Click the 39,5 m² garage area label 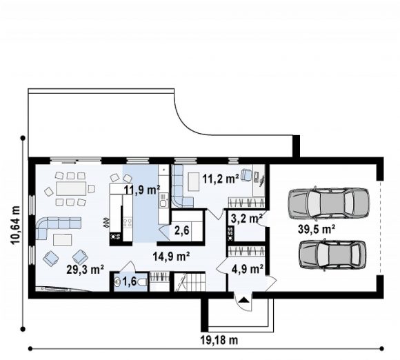[317, 229]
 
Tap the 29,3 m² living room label [86, 270]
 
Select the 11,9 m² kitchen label [142, 190]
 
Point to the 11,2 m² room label [221, 179]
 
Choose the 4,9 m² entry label [248, 269]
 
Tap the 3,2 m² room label [247, 219]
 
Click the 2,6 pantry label [182, 230]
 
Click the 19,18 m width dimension [219, 340]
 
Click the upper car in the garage [328, 203]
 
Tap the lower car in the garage [332, 254]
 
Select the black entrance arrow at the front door [244, 299]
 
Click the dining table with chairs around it [70, 189]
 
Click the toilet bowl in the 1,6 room [142, 282]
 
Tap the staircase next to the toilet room [190, 281]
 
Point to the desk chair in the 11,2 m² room [246, 174]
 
